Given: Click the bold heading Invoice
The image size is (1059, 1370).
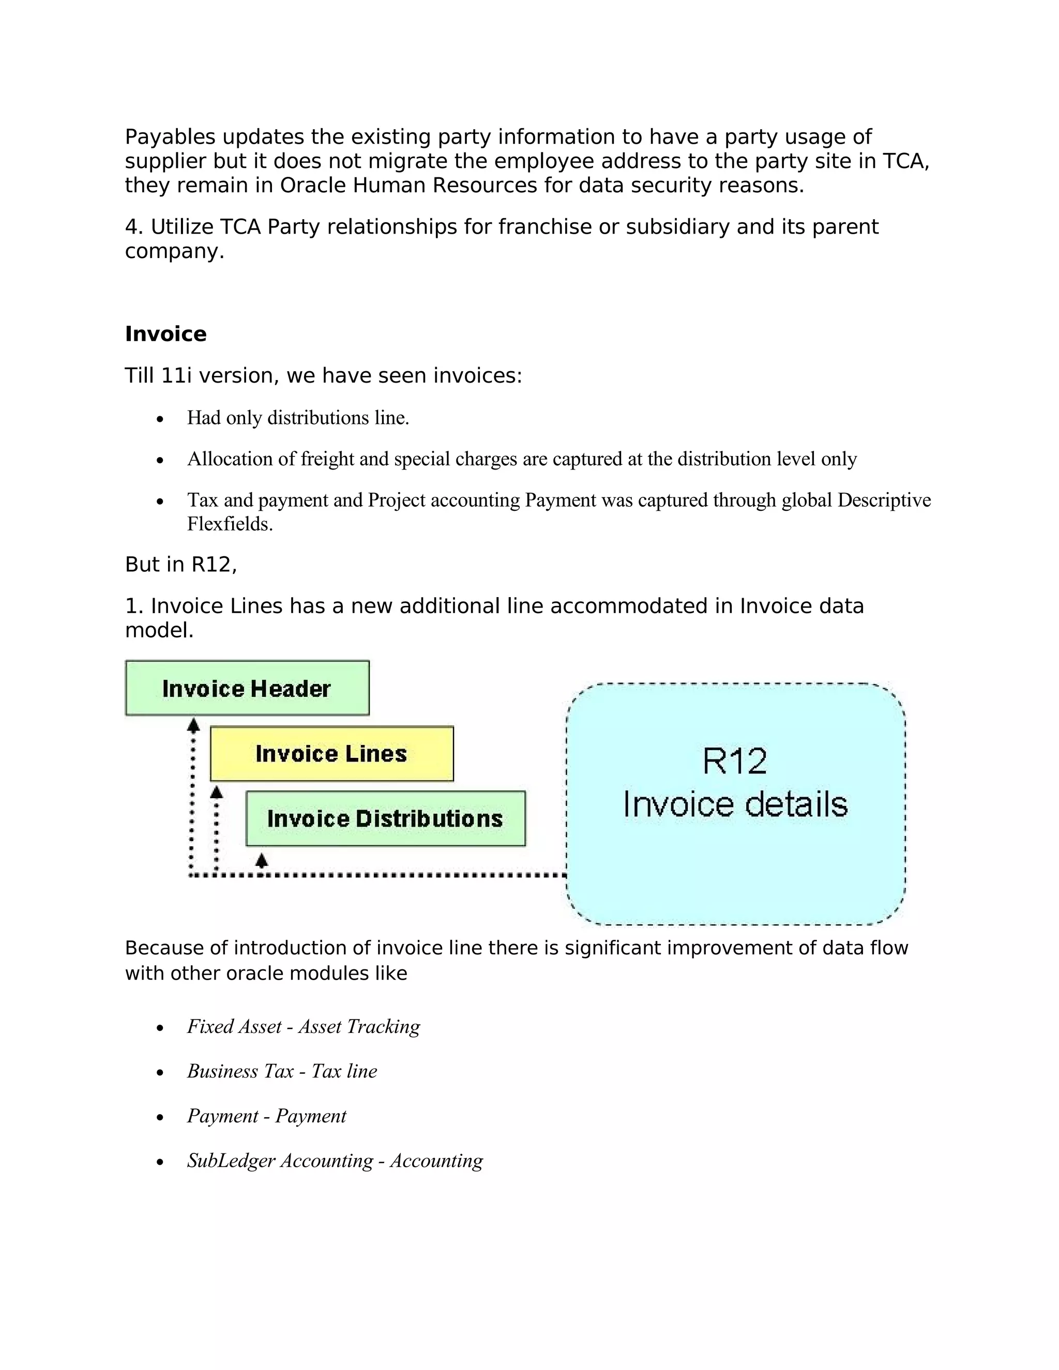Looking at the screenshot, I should [165, 334].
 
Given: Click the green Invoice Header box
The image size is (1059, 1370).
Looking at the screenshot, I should [247, 688].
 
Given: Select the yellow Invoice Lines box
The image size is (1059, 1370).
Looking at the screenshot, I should [331, 753].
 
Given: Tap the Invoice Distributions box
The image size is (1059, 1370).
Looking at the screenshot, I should [385, 818].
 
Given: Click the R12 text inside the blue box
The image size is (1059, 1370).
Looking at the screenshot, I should [734, 762].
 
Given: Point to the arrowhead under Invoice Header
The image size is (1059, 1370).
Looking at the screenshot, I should [194, 726].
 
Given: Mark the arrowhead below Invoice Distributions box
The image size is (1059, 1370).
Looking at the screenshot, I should [262, 859].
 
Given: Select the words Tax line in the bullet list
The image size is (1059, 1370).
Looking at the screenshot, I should [344, 1071].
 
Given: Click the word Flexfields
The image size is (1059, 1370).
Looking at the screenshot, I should [230, 524].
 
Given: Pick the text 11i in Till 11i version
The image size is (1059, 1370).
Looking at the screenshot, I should [176, 376].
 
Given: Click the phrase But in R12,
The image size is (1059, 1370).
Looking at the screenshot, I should [180, 565].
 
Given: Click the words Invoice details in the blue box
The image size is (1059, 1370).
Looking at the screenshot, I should [735, 805].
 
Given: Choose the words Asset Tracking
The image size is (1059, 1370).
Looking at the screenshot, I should [359, 1027].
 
